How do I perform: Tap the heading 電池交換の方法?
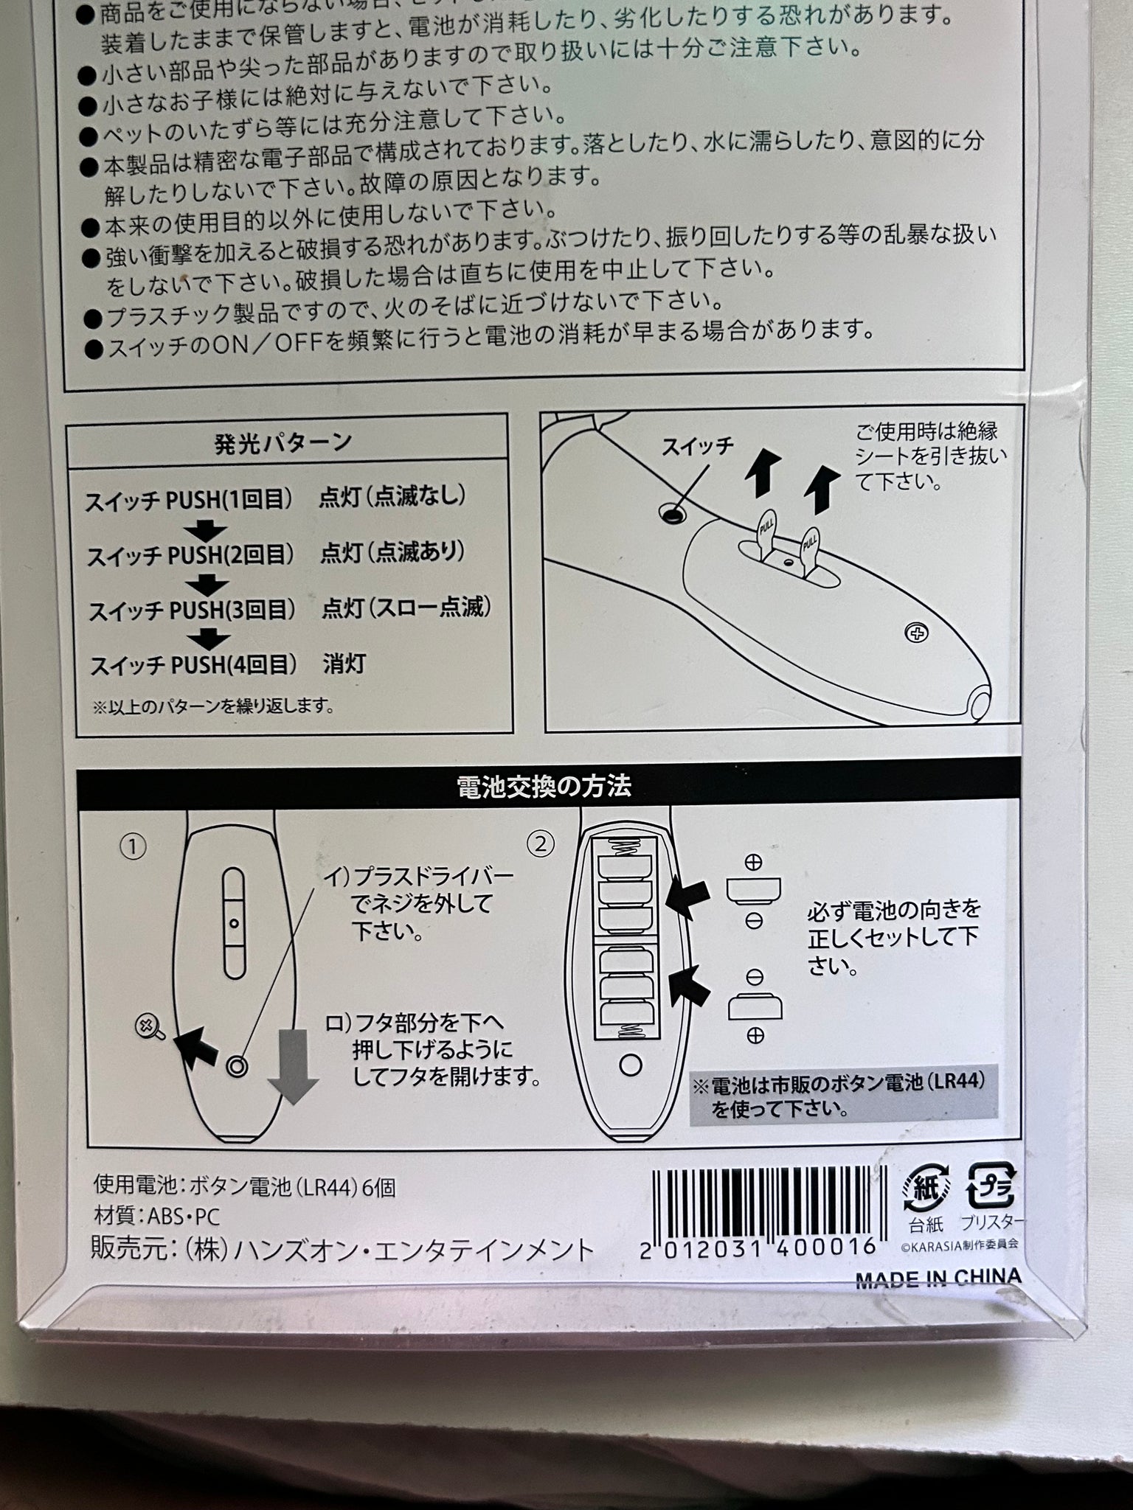(544, 787)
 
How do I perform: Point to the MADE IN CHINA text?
(938, 1279)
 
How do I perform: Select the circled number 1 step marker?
(133, 846)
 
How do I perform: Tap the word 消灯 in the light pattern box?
(344, 664)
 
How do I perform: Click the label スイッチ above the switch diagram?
(697, 446)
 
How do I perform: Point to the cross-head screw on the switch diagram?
(917, 633)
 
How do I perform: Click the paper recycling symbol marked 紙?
(926, 1186)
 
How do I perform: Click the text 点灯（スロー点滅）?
(406, 607)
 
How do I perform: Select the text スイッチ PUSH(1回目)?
(184, 501)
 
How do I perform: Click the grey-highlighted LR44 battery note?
(843, 1094)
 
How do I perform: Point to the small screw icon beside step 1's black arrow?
(150, 1026)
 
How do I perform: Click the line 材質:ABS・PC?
(156, 1216)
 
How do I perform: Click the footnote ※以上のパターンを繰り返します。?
(213, 706)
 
